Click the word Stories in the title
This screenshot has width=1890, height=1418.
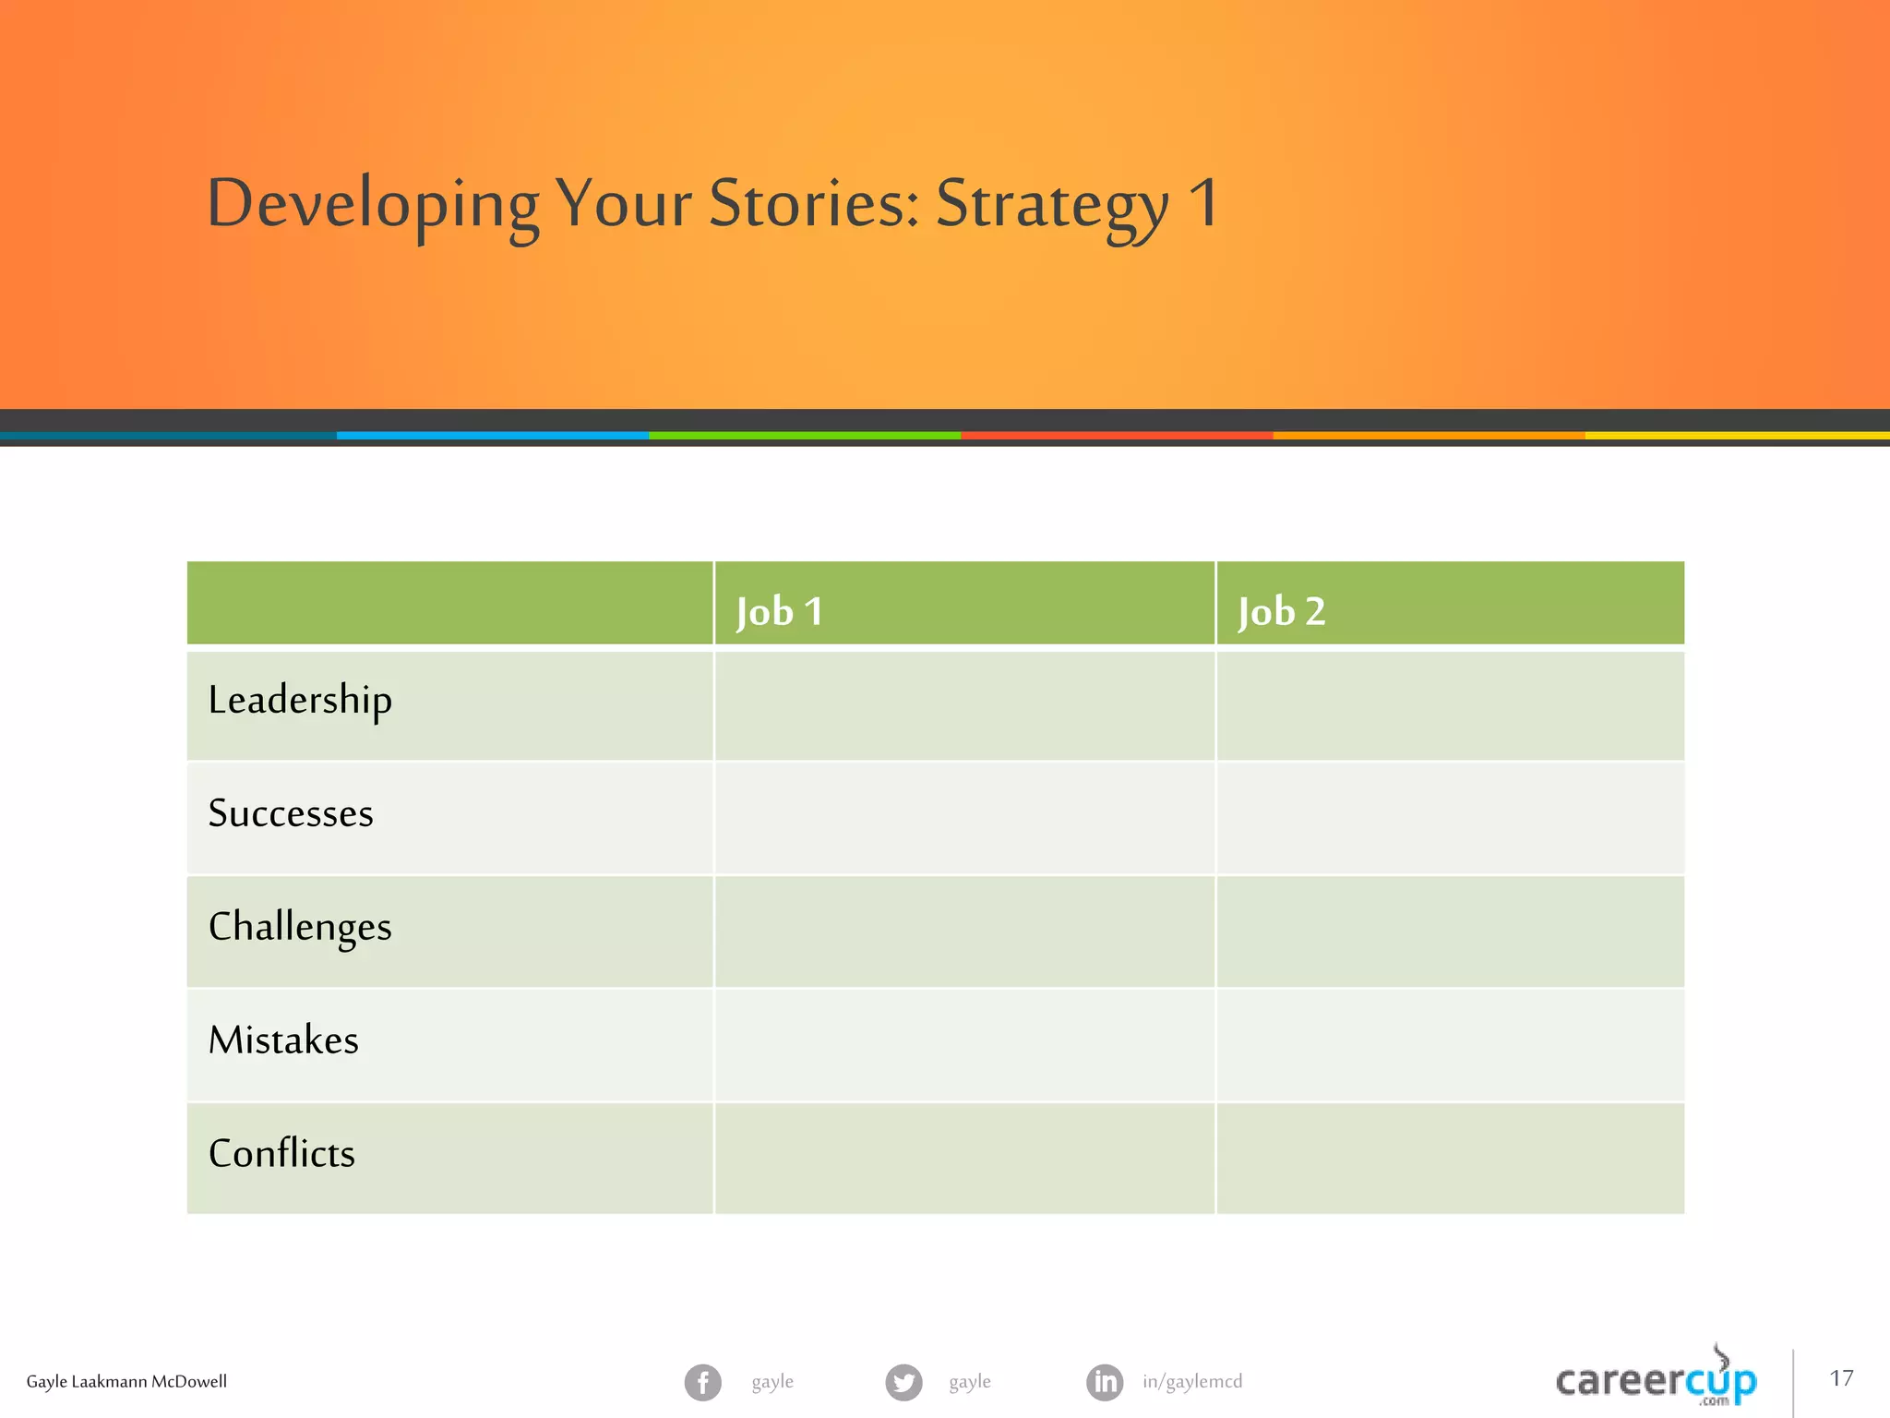[x=813, y=202]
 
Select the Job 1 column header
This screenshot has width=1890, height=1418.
[x=780, y=611]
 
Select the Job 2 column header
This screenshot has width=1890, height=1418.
[x=1282, y=611]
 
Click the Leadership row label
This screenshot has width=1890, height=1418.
[x=300, y=700]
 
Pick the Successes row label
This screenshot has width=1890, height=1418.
[x=291, y=813]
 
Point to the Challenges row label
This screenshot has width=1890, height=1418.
[x=300, y=927]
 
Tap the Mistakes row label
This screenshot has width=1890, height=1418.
[x=283, y=1040]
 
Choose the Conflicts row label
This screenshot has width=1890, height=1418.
[x=281, y=1154]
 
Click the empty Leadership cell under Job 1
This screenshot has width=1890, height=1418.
[x=964, y=706]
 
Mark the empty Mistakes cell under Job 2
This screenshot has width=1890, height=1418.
[x=1450, y=1045]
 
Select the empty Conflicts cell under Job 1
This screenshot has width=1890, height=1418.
[x=964, y=1159]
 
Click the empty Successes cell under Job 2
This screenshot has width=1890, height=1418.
[x=1450, y=819]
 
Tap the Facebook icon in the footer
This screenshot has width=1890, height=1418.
[x=703, y=1382]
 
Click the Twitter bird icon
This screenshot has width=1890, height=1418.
[x=903, y=1382]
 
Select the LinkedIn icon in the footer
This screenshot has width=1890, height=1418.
[x=1105, y=1382]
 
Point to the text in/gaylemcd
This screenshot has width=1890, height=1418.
[x=1192, y=1381]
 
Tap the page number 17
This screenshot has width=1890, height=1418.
[x=1841, y=1378]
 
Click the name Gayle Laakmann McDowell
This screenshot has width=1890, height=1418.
[x=126, y=1382]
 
